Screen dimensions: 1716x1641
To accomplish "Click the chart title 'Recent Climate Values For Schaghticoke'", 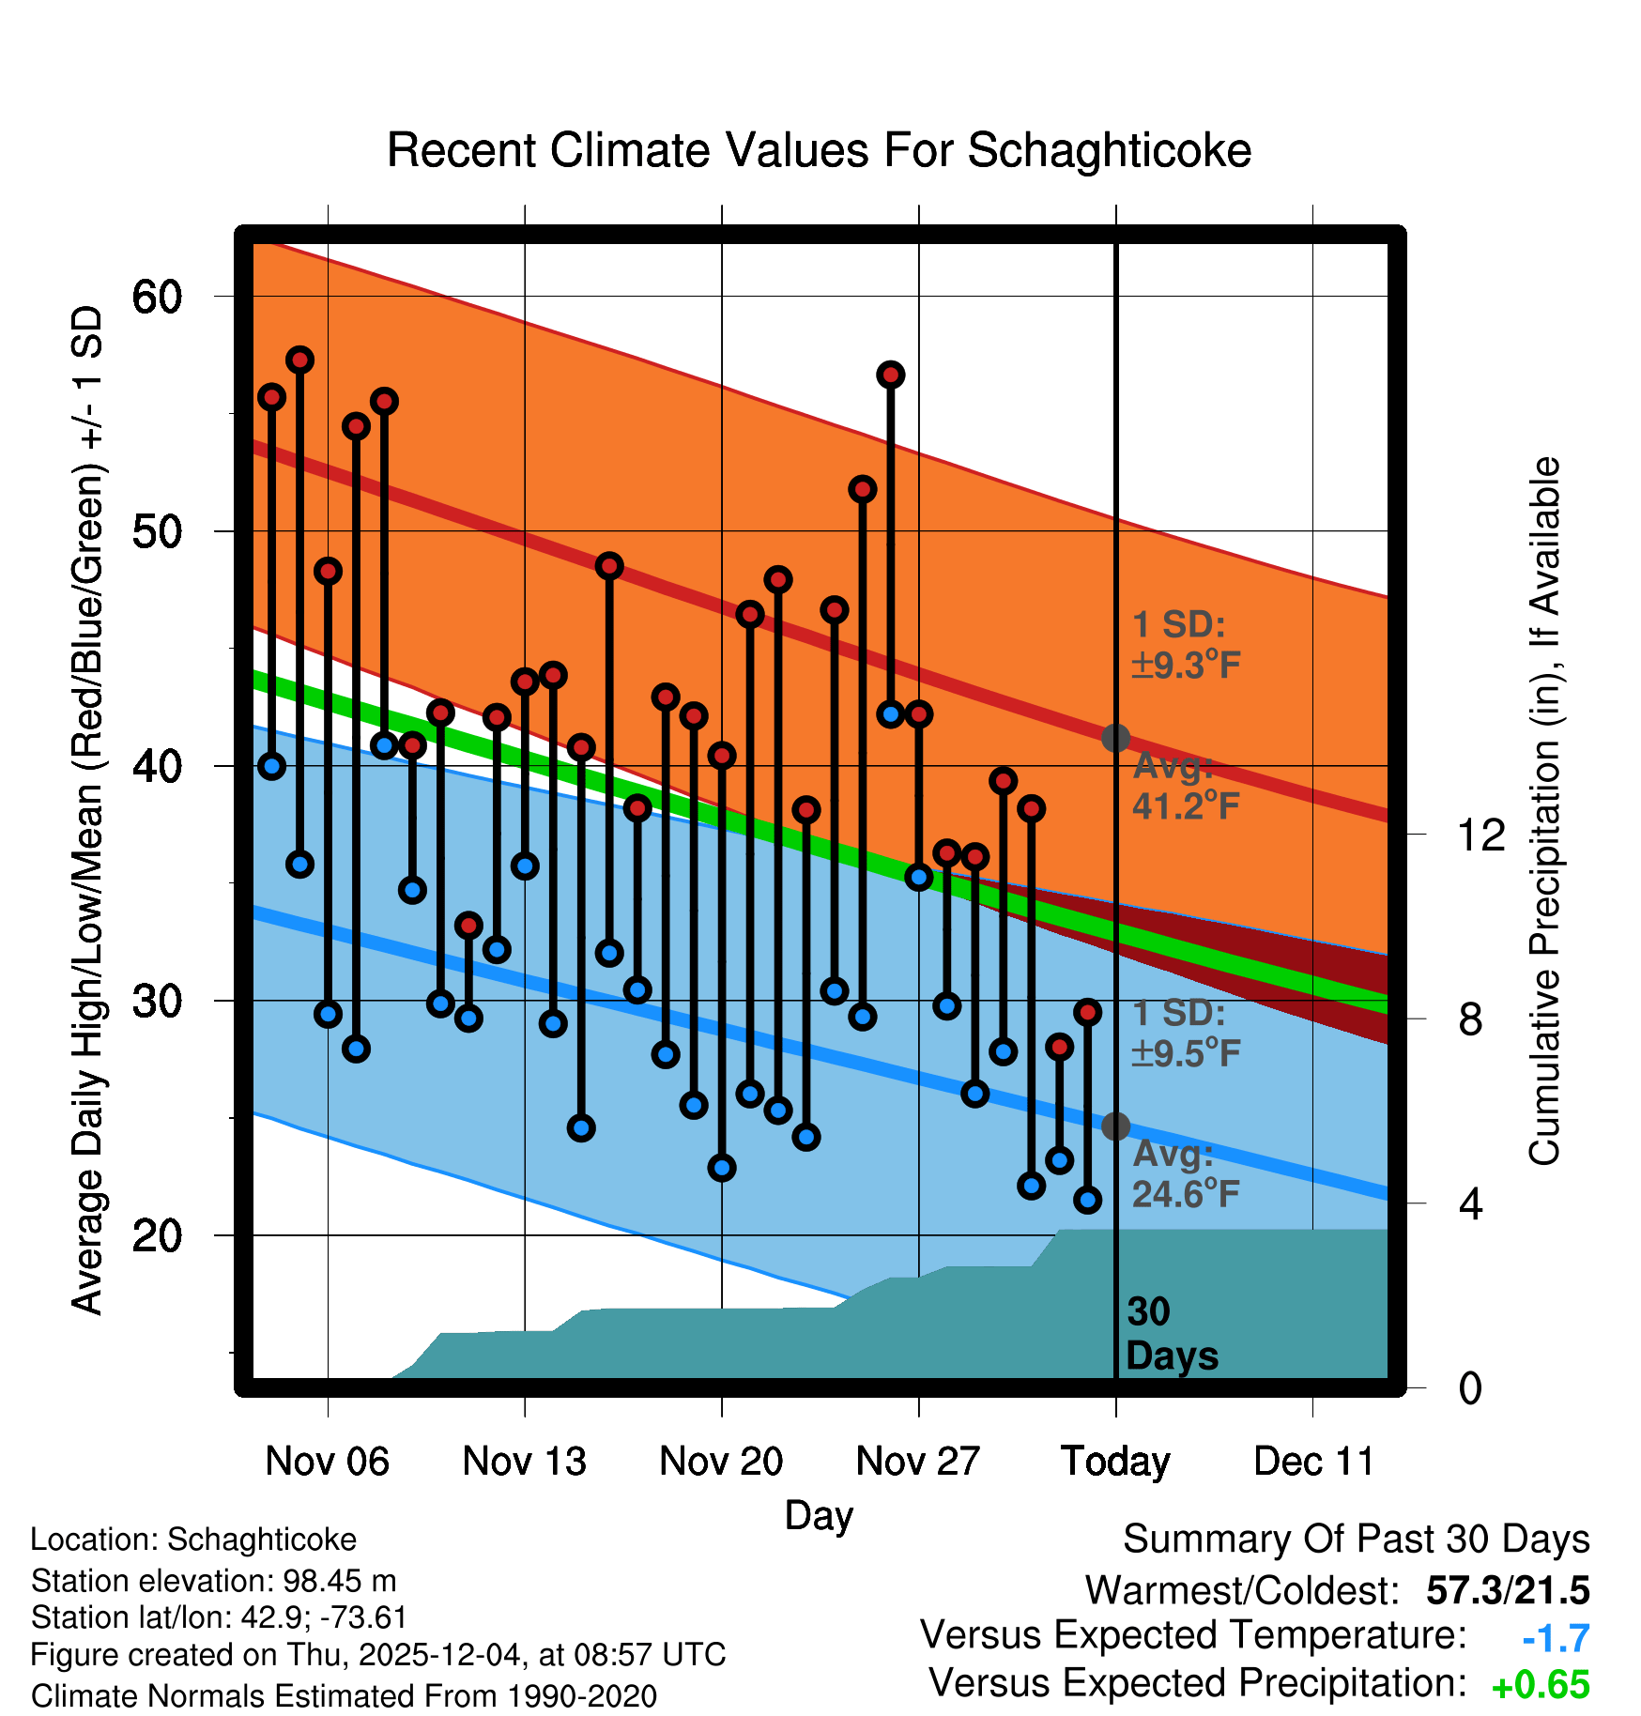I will point(819,150).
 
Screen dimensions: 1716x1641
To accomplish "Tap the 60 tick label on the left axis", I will point(157,298).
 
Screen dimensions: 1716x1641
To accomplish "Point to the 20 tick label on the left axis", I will point(157,1235).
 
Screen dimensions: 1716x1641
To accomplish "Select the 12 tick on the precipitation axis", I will point(1481,835).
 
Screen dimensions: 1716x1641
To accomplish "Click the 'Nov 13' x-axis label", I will point(524,1461).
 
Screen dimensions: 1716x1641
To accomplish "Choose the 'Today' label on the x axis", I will point(1115,1461).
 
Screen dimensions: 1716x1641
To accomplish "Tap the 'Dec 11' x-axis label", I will point(1313,1461).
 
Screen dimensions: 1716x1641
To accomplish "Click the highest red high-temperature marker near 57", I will point(300,360).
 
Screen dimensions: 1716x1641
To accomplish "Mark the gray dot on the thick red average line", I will point(1115,738).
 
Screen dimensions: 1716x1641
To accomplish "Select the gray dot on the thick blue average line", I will point(1115,1126).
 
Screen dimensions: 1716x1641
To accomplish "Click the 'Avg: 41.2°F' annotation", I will point(1186,786).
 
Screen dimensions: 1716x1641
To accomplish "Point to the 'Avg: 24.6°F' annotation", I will point(1186,1173).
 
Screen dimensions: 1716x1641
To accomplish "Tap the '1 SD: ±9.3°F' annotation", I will point(1186,645).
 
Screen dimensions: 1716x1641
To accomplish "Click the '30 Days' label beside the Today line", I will point(1171,1334).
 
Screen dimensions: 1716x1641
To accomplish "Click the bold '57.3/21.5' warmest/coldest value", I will point(1508,1590).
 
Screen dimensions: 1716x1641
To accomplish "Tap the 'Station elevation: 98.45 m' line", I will point(213,1581).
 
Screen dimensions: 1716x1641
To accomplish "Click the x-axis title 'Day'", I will point(819,1515).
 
